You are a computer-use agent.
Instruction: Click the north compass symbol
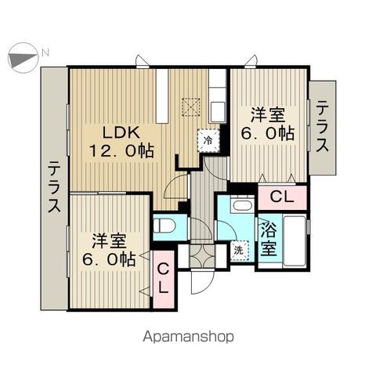click(x=23, y=58)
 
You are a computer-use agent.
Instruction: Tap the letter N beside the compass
click(x=45, y=53)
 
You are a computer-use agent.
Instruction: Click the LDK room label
click(x=121, y=132)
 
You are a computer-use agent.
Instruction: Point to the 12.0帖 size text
click(x=121, y=150)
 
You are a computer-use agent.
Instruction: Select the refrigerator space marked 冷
click(x=208, y=140)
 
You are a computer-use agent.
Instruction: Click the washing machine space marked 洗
click(x=239, y=251)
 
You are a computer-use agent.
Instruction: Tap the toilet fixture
click(x=164, y=226)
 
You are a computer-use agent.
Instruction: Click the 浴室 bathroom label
click(x=269, y=239)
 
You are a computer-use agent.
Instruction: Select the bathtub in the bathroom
click(x=295, y=240)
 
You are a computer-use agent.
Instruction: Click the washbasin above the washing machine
click(x=242, y=204)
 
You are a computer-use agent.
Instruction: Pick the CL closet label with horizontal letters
click(x=282, y=197)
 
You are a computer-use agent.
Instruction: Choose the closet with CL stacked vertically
click(x=164, y=279)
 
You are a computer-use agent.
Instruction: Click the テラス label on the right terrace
click(x=322, y=127)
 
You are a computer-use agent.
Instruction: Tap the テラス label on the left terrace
click(x=55, y=187)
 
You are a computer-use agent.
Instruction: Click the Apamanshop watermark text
click(x=188, y=337)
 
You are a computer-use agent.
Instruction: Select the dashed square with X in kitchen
click(x=191, y=107)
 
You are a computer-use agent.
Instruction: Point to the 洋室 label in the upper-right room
click(x=268, y=114)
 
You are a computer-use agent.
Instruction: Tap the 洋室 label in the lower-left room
click(x=109, y=240)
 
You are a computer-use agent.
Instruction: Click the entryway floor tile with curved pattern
click(x=202, y=256)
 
